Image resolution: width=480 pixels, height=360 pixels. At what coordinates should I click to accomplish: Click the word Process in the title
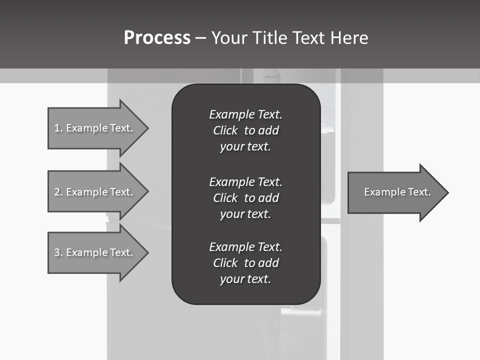pyautogui.click(x=157, y=38)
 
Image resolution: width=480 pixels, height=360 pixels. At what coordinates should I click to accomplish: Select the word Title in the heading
pyautogui.click(x=271, y=38)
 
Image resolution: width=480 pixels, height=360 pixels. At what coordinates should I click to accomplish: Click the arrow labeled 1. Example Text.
pyautogui.click(x=95, y=128)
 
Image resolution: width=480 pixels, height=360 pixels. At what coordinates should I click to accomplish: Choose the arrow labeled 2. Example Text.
pyautogui.click(x=95, y=192)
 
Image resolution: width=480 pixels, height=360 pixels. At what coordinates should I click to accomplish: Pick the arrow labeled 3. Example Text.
pyautogui.click(x=95, y=252)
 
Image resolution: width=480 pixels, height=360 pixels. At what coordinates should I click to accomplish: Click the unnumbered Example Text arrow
pyautogui.click(x=397, y=192)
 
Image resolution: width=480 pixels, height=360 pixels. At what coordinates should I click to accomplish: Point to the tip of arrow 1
pyautogui.click(x=147, y=128)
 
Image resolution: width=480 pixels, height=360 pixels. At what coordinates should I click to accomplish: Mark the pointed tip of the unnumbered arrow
pyautogui.click(x=447, y=192)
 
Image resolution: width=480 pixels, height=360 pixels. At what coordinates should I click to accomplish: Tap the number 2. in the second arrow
pyautogui.click(x=58, y=192)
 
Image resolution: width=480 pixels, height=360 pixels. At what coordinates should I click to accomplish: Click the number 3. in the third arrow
pyautogui.click(x=58, y=252)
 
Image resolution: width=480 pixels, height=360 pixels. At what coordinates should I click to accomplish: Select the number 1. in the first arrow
pyautogui.click(x=58, y=128)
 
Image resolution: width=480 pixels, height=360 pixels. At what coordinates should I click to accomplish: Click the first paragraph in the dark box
pyautogui.click(x=245, y=130)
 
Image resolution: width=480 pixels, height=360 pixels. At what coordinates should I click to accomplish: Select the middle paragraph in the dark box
pyautogui.click(x=245, y=198)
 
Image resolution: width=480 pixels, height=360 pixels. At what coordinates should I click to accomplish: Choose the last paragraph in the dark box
pyautogui.click(x=245, y=263)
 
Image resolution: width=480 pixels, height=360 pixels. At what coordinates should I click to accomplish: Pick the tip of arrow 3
pyautogui.click(x=147, y=252)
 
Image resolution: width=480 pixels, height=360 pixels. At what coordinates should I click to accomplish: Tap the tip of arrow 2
pyautogui.click(x=147, y=192)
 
